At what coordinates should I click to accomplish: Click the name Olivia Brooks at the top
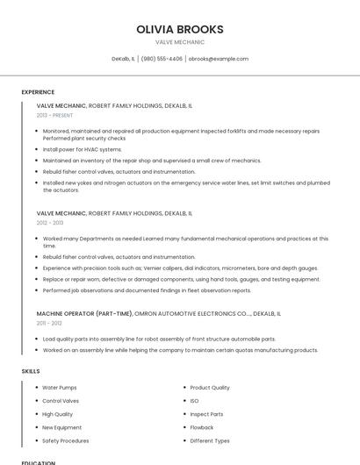pyautogui.click(x=180, y=29)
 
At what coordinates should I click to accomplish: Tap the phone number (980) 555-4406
pyautogui.click(x=162, y=59)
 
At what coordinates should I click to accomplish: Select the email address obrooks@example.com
pyautogui.click(x=219, y=59)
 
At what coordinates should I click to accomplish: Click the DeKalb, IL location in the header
pyautogui.click(x=123, y=59)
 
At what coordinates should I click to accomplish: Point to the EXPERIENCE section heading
pyautogui.click(x=38, y=92)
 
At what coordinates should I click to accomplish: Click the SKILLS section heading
pyautogui.click(x=31, y=371)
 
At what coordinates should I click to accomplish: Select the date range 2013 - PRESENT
pyautogui.click(x=54, y=115)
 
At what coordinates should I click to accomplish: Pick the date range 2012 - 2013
pyautogui.click(x=50, y=223)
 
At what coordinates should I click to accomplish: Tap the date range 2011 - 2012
pyautogui.click(x=49, y=323)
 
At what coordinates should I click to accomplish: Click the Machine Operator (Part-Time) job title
pyautogui.click(x=84, y=313)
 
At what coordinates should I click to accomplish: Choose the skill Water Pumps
pyautogui.click(x=60, y=387)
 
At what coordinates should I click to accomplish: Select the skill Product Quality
pyautogui.click(x=210, y=387)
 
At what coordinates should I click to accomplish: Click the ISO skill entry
pyautogui.click(x=194, y=400)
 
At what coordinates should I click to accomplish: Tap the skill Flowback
pyautogui.click(x=201, y=427)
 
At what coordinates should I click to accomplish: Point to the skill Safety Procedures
pyautogui.click(x=65, y=440)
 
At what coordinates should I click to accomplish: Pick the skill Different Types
pyautogui.click(x=210, y=440)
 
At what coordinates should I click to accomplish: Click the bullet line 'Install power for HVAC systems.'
pyautogui.click(x=83, y=149)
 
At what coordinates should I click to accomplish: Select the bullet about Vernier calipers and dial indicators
pyautogui.click(x=180, y=268)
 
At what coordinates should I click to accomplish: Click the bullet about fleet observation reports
pyautogui.click(x=147, y=290)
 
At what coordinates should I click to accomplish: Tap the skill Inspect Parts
pyautogui.click(x=206, y=414)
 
